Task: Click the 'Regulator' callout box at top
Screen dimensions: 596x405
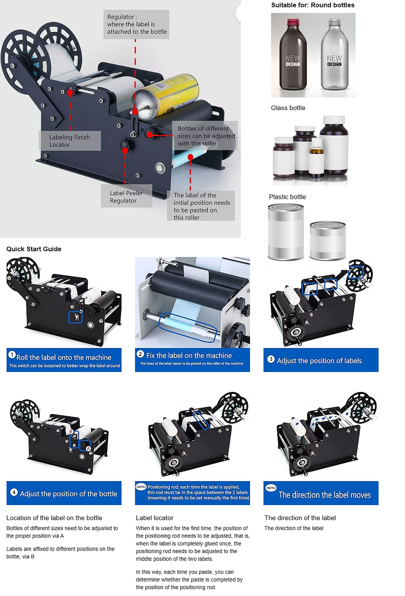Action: coord(136,24)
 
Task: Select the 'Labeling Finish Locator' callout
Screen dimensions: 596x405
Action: coord(70,141)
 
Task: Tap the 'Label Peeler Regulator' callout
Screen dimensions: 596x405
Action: coord(126,197)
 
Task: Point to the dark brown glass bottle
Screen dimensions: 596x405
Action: coord(293,55)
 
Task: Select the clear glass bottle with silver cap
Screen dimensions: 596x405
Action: coord(334,55)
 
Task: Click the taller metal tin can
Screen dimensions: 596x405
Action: coord(286,232)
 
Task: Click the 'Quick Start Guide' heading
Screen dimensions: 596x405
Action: coord(34,249)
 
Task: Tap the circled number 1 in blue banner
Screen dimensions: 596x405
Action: coord(12,355)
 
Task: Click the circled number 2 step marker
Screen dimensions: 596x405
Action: coord(141,354)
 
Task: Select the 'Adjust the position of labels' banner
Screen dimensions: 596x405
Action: coord(321,360)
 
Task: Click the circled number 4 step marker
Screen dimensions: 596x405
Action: coord(14,492)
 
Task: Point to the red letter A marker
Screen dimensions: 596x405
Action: coord(88,448)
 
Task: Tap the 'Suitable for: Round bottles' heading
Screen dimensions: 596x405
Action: coord(313,5)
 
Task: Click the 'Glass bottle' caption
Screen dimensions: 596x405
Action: coord(288,108)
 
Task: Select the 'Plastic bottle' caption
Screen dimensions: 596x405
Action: coord(287,197)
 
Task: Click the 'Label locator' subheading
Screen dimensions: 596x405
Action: coord(155,518)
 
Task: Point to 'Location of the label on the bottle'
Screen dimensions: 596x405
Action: coord(54,518)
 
